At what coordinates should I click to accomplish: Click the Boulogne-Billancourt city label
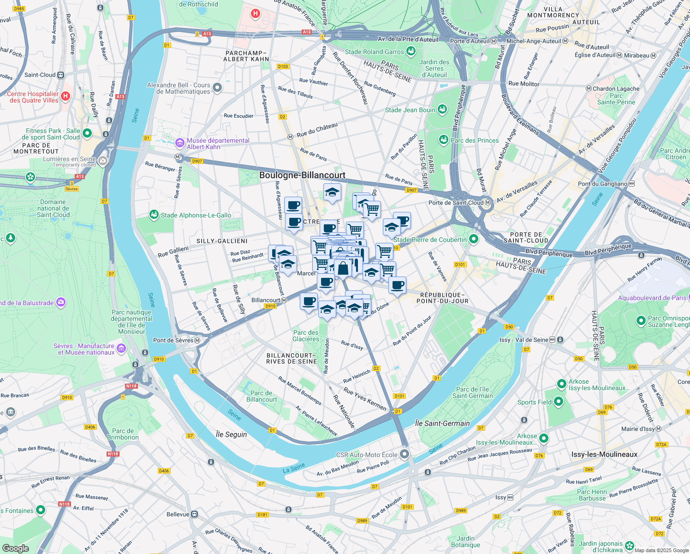302,175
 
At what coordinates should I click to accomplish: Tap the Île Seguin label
231,434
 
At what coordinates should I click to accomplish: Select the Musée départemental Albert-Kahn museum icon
180,144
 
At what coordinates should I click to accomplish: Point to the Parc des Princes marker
444,140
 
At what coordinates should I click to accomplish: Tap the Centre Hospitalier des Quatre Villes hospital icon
65,96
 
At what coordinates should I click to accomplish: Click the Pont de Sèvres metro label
173,341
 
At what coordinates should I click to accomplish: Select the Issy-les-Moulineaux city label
604,455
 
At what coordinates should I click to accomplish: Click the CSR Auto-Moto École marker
404,454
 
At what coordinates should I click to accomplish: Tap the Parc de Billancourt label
262,396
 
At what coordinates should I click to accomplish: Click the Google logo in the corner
15,548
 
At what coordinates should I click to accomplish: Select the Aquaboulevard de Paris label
652,298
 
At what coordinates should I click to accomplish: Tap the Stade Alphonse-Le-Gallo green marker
154,215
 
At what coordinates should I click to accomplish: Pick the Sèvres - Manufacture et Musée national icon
121,348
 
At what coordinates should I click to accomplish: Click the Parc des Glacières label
306,336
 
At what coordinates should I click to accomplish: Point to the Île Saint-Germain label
442,423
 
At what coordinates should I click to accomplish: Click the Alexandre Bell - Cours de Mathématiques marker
218,88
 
